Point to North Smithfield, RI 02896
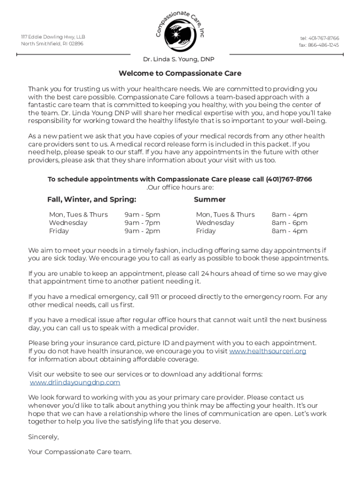pyautogui.click(x=52, y=44)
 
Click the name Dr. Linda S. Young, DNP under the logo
pyautogui.click(x=179, y=59)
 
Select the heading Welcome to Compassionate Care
pyautogui.click(x=180, y=73)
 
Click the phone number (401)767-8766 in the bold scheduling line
pyautogui.click(x=288, y=180)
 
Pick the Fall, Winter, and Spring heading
pyautogui.click(x=92, y=200)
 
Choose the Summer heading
pyautogui.click(x=209, y=200)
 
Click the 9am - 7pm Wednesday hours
pyautogui.click(x=142, y=223)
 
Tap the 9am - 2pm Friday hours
pyautogui.click(x=142, y=231)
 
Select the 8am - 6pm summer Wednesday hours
pyautogui.click(x=289, y=223)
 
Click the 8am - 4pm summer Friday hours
pyautogui.click(x=289, y=231)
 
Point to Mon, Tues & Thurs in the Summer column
pyautogui.click(x=225, y=215)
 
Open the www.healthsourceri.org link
pyautogui.click(x=267, y=351)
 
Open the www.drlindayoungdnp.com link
pyautogui.click(x=75, y=383)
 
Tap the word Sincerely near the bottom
pyautogui.click(x=43, y=437)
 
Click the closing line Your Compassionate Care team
pyautogui.click(x=80, y=452)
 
